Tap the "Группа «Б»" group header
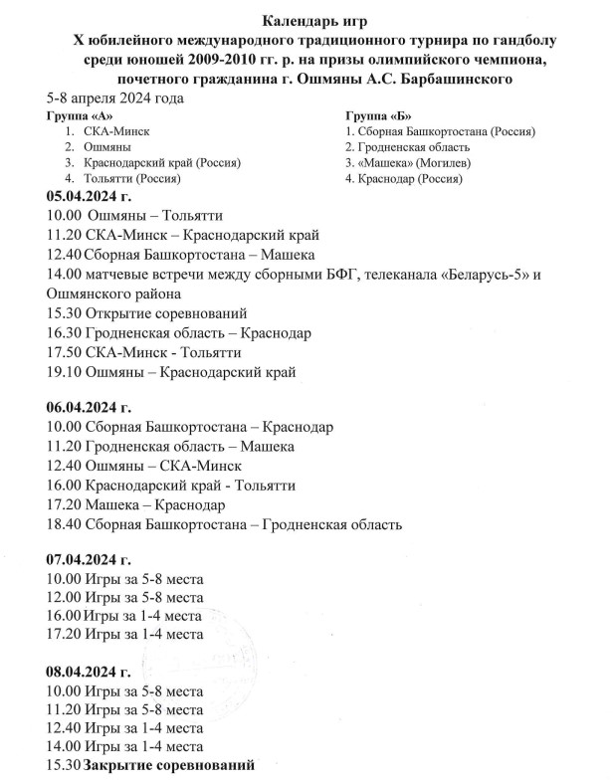click(374, 114)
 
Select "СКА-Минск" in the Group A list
click(116, 130)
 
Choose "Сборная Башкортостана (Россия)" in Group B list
click(441, 130)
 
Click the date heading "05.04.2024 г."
click(90, 197)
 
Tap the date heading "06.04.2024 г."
click(90, 408)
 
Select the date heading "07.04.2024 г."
click(90, 559)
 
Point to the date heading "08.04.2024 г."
click(90, 672)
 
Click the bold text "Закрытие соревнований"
click(169, 765)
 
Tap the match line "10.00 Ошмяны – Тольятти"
click(135, 216)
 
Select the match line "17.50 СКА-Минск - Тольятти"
click(144, 352)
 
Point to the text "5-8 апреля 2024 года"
click(114, 98)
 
